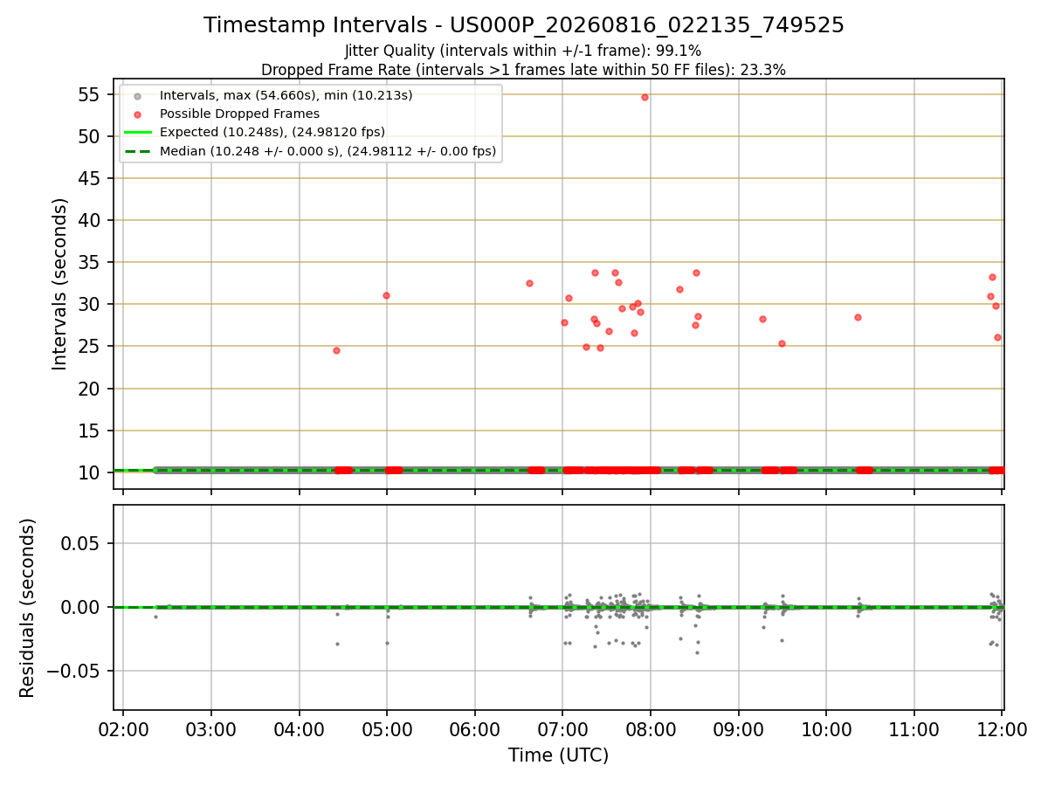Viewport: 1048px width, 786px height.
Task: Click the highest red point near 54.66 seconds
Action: [645, 97]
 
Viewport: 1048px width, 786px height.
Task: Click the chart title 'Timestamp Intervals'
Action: [315, 25]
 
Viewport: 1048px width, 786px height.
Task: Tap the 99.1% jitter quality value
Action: [678, 51]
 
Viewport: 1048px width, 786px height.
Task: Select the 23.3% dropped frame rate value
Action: [762, 70]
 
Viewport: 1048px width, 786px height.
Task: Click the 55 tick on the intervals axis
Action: [89, 94]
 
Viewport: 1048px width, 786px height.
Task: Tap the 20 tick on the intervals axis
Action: [89, 389]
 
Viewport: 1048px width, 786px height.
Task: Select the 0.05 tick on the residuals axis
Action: [79, 543]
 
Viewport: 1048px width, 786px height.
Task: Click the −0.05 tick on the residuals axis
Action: [73, 672]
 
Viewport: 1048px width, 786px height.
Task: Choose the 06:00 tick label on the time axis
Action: [474, 730]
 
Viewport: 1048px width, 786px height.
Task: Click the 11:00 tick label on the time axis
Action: [914, 730]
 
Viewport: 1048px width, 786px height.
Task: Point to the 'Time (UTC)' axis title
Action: [558, 755]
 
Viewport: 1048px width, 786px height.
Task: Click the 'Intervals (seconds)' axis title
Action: [59, 285]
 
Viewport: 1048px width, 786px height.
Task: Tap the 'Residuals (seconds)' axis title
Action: [27, 608]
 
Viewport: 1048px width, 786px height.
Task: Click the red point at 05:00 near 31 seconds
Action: [386, 296]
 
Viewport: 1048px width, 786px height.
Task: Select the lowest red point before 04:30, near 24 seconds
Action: [336, 351]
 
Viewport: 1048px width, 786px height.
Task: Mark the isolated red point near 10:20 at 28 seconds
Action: [858, 318]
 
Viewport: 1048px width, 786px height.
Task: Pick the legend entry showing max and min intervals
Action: [286, 95]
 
